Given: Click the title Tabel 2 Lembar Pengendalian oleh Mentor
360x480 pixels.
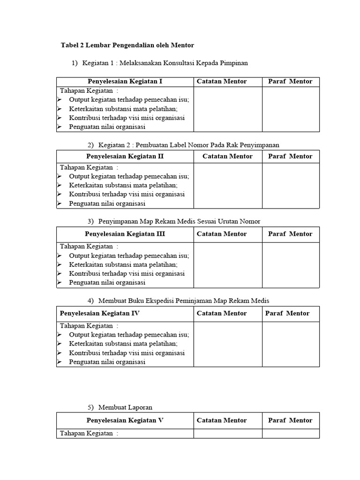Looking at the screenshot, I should pos(127,45).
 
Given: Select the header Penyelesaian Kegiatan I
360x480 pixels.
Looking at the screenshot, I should pos(125,82).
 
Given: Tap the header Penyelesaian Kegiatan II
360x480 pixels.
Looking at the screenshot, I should pos(125,157).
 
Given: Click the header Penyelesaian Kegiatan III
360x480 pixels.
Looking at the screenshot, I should pos(125,234).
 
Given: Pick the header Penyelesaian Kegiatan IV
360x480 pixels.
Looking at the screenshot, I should pos(100,314).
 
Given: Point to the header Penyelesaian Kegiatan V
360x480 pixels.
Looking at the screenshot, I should pos(125,420).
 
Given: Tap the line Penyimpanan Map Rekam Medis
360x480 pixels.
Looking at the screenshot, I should pos(179,221).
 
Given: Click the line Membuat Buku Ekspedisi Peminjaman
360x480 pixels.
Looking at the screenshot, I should pos(184,300).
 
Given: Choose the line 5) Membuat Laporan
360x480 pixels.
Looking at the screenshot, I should pos(125,407).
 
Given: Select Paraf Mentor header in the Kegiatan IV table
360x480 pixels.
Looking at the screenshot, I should pos(287,314).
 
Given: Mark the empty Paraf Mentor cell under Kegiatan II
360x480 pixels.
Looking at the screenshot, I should pos(291,186).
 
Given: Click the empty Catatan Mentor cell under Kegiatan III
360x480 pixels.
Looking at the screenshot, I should pos(228,265).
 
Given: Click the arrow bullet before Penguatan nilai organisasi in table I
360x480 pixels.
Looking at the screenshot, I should pos(59,127).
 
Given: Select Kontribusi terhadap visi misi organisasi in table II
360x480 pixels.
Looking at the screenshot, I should pos(127,195).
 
